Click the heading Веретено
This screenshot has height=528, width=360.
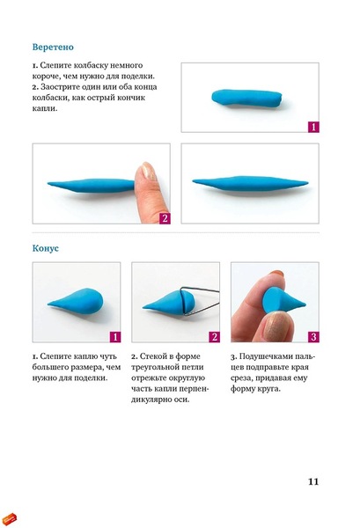(x=53, y=47)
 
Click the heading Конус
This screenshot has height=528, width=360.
(x=46, y=248)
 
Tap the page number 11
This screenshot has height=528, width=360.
(x=313, y=481)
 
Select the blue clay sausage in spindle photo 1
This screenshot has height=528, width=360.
(x=246, y=98)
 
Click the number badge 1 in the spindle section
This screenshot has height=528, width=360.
(x=313, y=127)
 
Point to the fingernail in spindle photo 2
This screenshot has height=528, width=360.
(x=148, y=171)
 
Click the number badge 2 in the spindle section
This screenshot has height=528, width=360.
(x=165, y=218)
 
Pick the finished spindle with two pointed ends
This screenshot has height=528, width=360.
(x=250, y=184)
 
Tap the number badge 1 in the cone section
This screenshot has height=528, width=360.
(x=115, y=337)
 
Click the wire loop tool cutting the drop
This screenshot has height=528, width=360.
(x=200, y=301)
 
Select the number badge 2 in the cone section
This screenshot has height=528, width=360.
(x=214, y=337)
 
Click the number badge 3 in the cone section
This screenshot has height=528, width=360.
(x=313, y=337)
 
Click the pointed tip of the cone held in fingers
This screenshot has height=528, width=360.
(x=305, y=304)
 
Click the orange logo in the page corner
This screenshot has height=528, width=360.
(x=9, y=519)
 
